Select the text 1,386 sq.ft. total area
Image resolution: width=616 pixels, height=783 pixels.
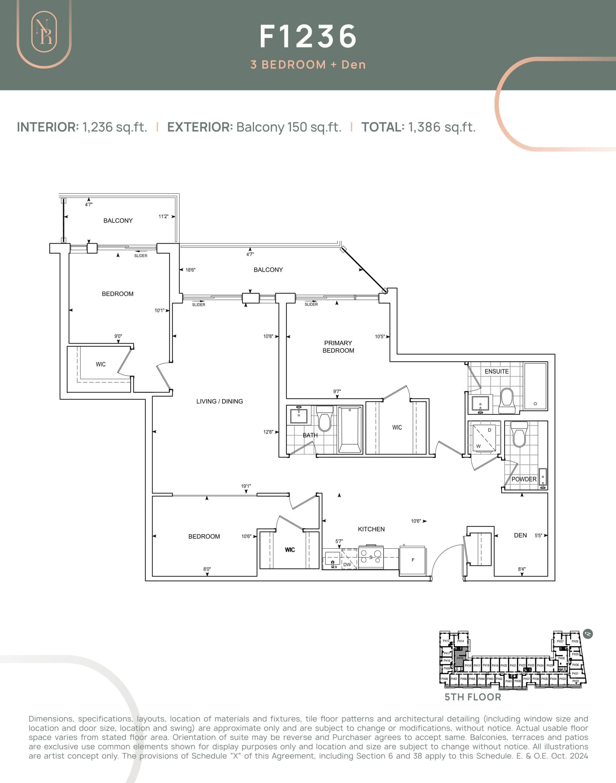[441, 127]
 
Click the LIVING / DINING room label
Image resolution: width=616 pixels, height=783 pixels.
[219, 401]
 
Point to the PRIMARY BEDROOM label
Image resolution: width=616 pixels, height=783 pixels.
[338, 347]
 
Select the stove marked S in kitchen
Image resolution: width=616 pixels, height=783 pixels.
[371, 557]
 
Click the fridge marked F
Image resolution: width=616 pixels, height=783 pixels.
[413, 560]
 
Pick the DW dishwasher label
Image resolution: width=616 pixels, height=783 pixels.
[347, 564]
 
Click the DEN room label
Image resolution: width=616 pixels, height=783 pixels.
[520, 535]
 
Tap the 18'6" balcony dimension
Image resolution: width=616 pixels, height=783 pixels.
[190, 270]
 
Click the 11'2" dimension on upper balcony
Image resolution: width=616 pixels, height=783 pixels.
[163, 217]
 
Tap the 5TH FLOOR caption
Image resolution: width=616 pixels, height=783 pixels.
[472, 697]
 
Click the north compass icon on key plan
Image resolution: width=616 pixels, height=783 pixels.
[588, 634]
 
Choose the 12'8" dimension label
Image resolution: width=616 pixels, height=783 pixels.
[268, 432]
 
